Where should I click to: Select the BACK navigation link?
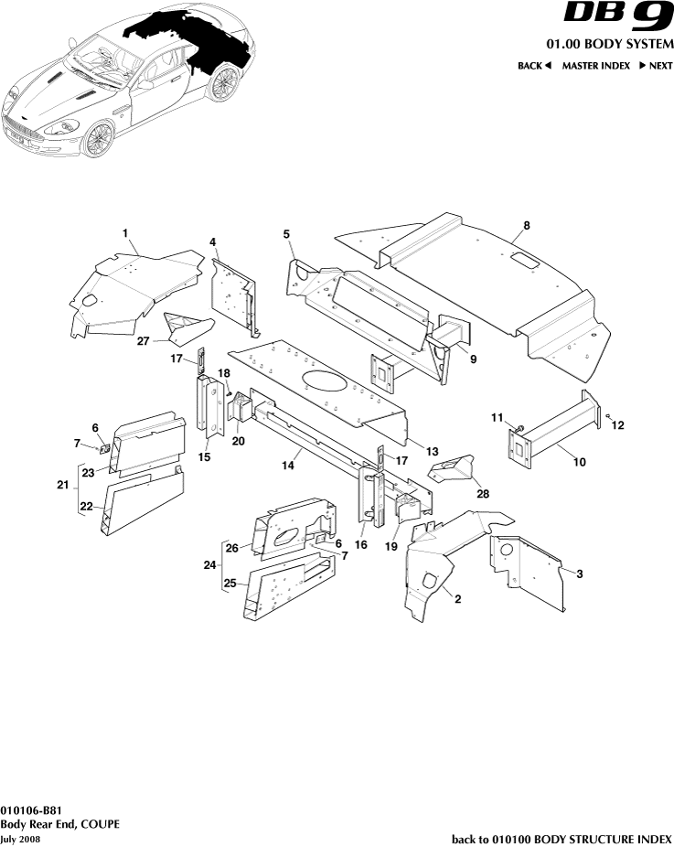click(534, 66)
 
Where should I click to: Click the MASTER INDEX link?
click(595, 66)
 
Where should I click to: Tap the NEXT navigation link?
click(656, 66)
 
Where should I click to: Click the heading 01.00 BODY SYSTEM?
click(609, 45)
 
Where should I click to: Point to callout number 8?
click(526, 225)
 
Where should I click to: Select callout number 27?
click(143, 342)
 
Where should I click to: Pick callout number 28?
click(482, 494)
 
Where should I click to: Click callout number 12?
click(618, 424)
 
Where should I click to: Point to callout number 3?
click(578, 574)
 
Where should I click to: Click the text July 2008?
click(21, 839)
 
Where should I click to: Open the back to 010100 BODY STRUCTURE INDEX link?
click(562, 839)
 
